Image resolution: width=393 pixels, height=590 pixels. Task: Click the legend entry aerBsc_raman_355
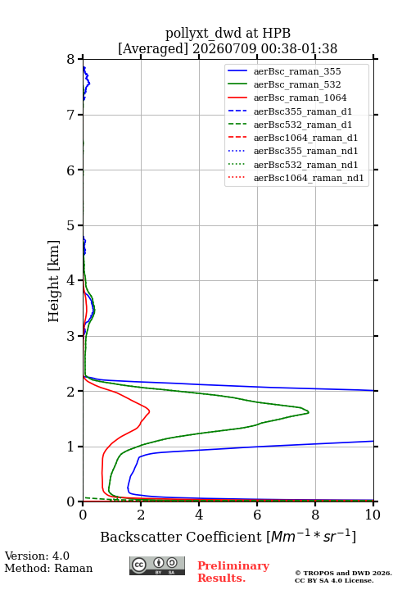tap(297, 71)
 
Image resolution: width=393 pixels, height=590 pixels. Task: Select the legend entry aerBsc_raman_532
tap(297, 84)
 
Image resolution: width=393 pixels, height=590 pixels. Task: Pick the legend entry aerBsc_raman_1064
tap(300, 98)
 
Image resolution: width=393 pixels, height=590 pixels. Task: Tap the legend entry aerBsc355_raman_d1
tap(303, 111)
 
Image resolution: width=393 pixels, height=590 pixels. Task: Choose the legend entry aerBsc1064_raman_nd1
tap(309, 178)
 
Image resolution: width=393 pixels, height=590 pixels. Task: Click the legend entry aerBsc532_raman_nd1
tap(305, 165)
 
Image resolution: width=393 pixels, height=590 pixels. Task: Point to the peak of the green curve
tap(309, 412)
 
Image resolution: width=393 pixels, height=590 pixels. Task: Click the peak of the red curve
tap(149, 411)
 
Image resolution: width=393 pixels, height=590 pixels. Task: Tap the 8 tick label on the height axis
tap(71, 60)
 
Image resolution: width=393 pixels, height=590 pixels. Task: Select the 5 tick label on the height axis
tap(71, 226)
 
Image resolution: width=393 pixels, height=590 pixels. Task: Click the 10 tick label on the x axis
tap(373, 515)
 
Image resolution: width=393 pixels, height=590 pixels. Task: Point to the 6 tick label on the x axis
tap(257, 515)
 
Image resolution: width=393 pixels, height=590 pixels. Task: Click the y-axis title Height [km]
tap(54, 281)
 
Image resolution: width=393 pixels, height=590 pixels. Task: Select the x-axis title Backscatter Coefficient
tap(181, 537)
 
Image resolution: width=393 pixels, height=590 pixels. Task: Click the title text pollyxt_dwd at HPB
tap(228, 33)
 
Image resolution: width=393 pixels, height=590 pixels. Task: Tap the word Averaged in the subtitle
tap(153, 48)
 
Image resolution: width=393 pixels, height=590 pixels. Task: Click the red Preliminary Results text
tap(233, 572)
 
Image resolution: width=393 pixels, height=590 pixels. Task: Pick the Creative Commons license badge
tap(157, 566)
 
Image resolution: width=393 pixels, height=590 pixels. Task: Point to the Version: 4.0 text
tap(37, 556)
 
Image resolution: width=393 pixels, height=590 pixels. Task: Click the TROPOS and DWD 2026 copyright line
tap(343, 573)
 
